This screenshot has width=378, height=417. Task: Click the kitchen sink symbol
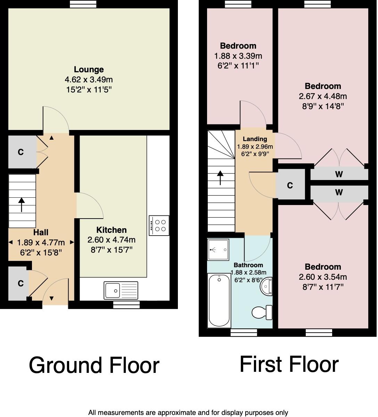pyautogui.click(x=121, y=290)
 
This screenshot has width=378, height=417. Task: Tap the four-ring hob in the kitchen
pyautogui.click(x=159, y=226)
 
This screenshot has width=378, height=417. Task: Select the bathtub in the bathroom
pyautogui.click(x=219, y=300)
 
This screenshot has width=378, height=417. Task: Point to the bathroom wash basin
pyautogui.click(x=267, y=286)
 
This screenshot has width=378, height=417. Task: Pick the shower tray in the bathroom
pyautogui.click(x=218, y=250)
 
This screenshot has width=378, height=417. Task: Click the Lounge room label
pyautogui.click(x=89, y=69)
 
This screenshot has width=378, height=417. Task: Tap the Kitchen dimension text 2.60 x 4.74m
pyautogui.click(x=112, y=240)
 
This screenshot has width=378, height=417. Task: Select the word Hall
pyautogui.click(x=41, y=232)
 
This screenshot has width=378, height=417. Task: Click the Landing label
pyautogui.click(x=255, y=139)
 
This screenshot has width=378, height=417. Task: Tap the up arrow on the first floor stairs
pyautogui.click(x=220, y=178)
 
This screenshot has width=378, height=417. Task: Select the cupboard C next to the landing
pyautogui.click(x=290, y=186)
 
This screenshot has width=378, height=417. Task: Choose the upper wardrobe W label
pyautogui.click(x=339, y=174)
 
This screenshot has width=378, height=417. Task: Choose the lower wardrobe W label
pyautogui.click(x=339, y=192)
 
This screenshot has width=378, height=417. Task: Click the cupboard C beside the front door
pyautogui.click(x=20, y=284)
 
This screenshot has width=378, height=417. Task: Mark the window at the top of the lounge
pyautogui.click(x=83, y=4)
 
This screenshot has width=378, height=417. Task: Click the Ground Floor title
pyautogui.click(x=94, y=366)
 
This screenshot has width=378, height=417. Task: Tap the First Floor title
pyautogui.click(x=289, y=364)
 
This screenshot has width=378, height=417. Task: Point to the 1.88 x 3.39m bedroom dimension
pyautogui.click(x=238, y=56)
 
